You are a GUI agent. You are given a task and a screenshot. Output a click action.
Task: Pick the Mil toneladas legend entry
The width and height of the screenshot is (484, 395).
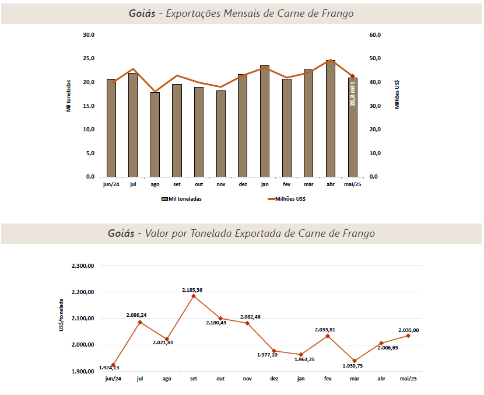point(181,199)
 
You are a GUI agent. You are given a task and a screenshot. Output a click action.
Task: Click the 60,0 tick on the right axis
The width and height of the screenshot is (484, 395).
point(375,35)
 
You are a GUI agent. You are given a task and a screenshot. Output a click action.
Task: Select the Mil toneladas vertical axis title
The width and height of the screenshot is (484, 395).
point(68,96)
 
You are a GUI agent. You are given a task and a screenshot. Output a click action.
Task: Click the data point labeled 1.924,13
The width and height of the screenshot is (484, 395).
point(113,365)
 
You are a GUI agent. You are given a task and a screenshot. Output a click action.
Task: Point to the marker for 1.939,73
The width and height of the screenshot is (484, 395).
point(355,361)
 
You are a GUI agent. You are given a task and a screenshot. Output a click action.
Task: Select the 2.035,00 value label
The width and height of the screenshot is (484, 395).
point(409,330)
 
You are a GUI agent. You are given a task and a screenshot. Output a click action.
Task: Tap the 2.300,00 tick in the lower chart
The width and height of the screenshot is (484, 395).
point(82,266)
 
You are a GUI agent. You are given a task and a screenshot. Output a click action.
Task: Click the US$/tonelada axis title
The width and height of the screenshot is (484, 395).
point(61,316)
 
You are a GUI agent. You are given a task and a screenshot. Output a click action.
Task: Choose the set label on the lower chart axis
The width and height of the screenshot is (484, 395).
point(194,379)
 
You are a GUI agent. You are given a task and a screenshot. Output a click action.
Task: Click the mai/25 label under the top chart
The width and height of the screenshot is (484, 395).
point(352,184)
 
